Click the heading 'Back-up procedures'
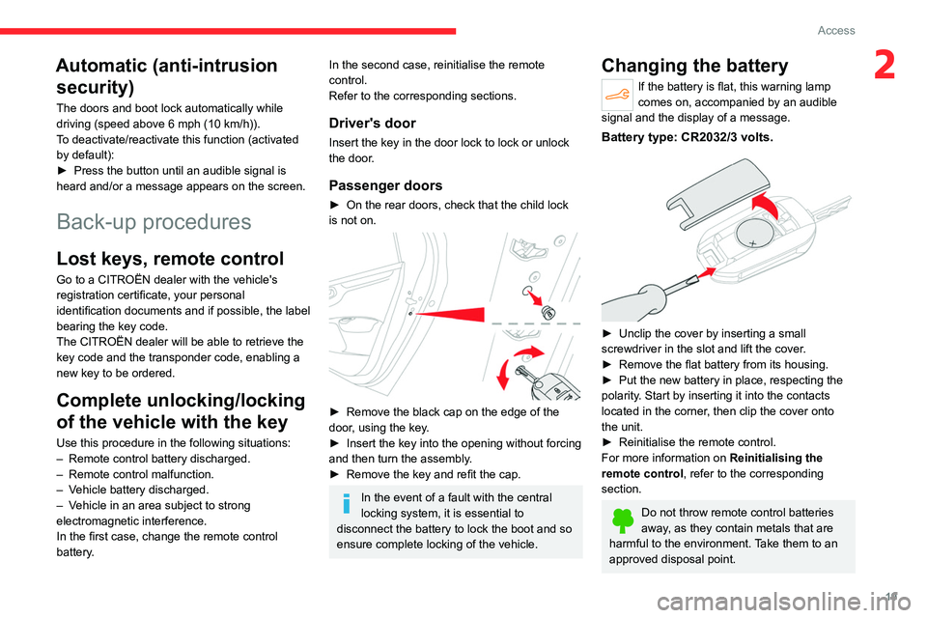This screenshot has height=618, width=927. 154,222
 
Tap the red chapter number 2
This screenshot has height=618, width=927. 885,65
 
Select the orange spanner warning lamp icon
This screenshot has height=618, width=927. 617,95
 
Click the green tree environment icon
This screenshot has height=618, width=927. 623,520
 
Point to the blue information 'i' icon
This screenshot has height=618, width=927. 347,503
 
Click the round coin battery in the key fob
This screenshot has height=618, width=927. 755,234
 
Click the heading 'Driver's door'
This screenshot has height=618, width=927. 373,123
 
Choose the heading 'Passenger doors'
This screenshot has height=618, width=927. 385,185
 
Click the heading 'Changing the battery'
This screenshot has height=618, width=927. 694,66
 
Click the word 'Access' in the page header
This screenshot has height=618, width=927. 836,30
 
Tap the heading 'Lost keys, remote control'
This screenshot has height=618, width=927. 170,259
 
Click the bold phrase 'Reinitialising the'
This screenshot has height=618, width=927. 776,458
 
